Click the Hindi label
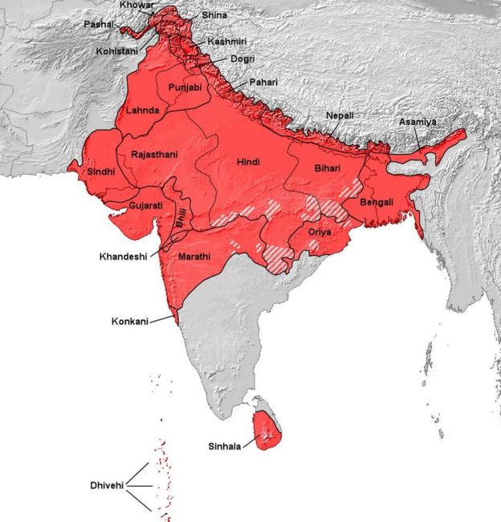coord(248,162)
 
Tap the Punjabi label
coord(186,87)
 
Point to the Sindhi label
coord(102,172)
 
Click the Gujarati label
coord(145,205)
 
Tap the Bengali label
coord(377,202)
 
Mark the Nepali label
coord(340,115)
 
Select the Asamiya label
coord(417,122)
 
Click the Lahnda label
coord(142,110)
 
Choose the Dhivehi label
coord(106,486)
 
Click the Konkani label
coord(130,322)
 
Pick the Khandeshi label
coord(124,257)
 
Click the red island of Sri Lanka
coord(267,431)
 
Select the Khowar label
coord(135,5)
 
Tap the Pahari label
coord(264,82)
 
